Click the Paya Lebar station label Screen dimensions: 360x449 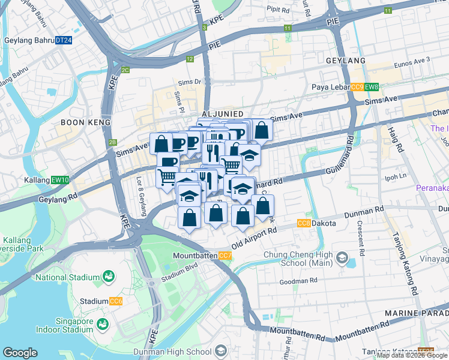click(x=331, y=87)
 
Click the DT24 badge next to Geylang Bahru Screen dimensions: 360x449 click(x=64, y=40)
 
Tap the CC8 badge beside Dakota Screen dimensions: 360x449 click(x=304, y=223)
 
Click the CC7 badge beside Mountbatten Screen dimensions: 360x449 click(x=225, y=256)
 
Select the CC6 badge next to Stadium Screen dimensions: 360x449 click(x=116, y=301)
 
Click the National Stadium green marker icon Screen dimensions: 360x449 click(x=109, y=277)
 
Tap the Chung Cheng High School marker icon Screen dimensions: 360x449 click(x=342, y=259)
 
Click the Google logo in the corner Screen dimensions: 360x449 click(x=20, y=353)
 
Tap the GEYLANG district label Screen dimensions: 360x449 click(x=345, y=61)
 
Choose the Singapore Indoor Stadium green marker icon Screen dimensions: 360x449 click(x=103, y=324)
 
